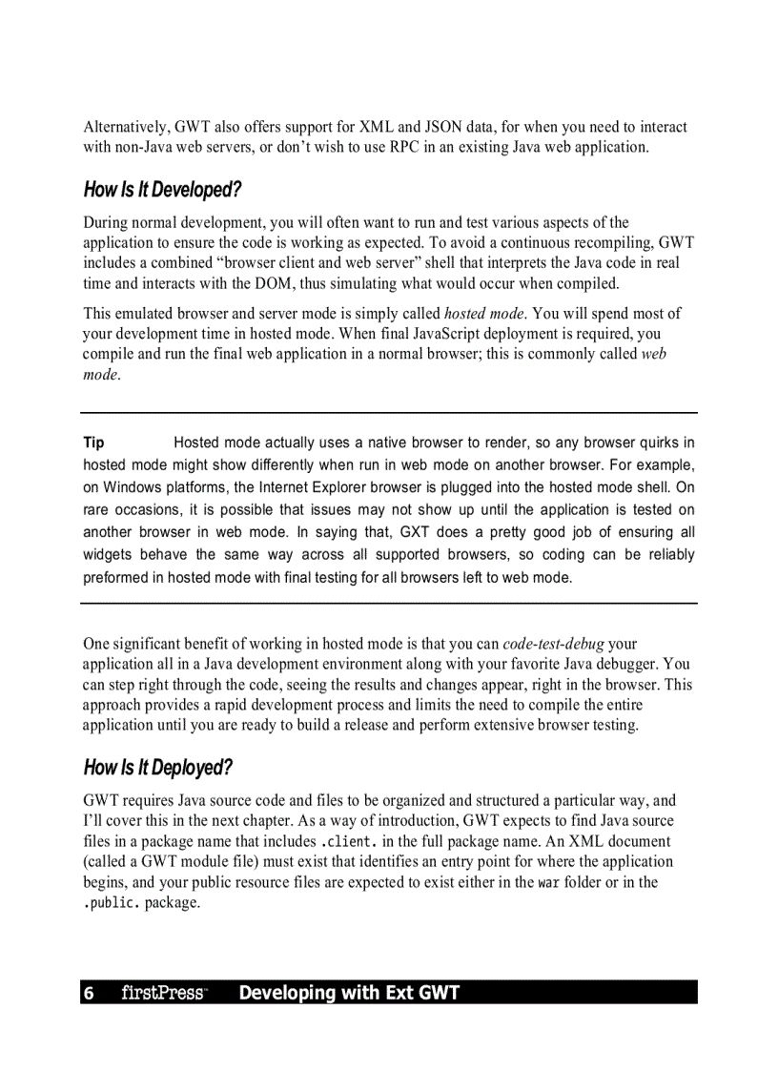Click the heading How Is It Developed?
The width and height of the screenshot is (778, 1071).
[162, 190]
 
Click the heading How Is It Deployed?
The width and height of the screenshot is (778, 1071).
[158, 768]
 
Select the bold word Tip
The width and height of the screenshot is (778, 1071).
[93, 443]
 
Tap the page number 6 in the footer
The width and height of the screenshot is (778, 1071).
[89, 994]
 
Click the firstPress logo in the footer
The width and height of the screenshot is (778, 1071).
[163, 994]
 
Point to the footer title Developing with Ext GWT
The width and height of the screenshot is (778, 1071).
[349, 994]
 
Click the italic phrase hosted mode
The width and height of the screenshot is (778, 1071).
[484, 313]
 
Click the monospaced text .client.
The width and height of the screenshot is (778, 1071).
[354, 842]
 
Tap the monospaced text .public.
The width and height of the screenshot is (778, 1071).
[113, 903]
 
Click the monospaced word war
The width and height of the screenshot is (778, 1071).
[548, 883]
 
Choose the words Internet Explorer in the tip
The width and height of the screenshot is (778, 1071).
[316, 487]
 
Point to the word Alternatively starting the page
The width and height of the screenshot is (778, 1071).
[126, 127]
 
